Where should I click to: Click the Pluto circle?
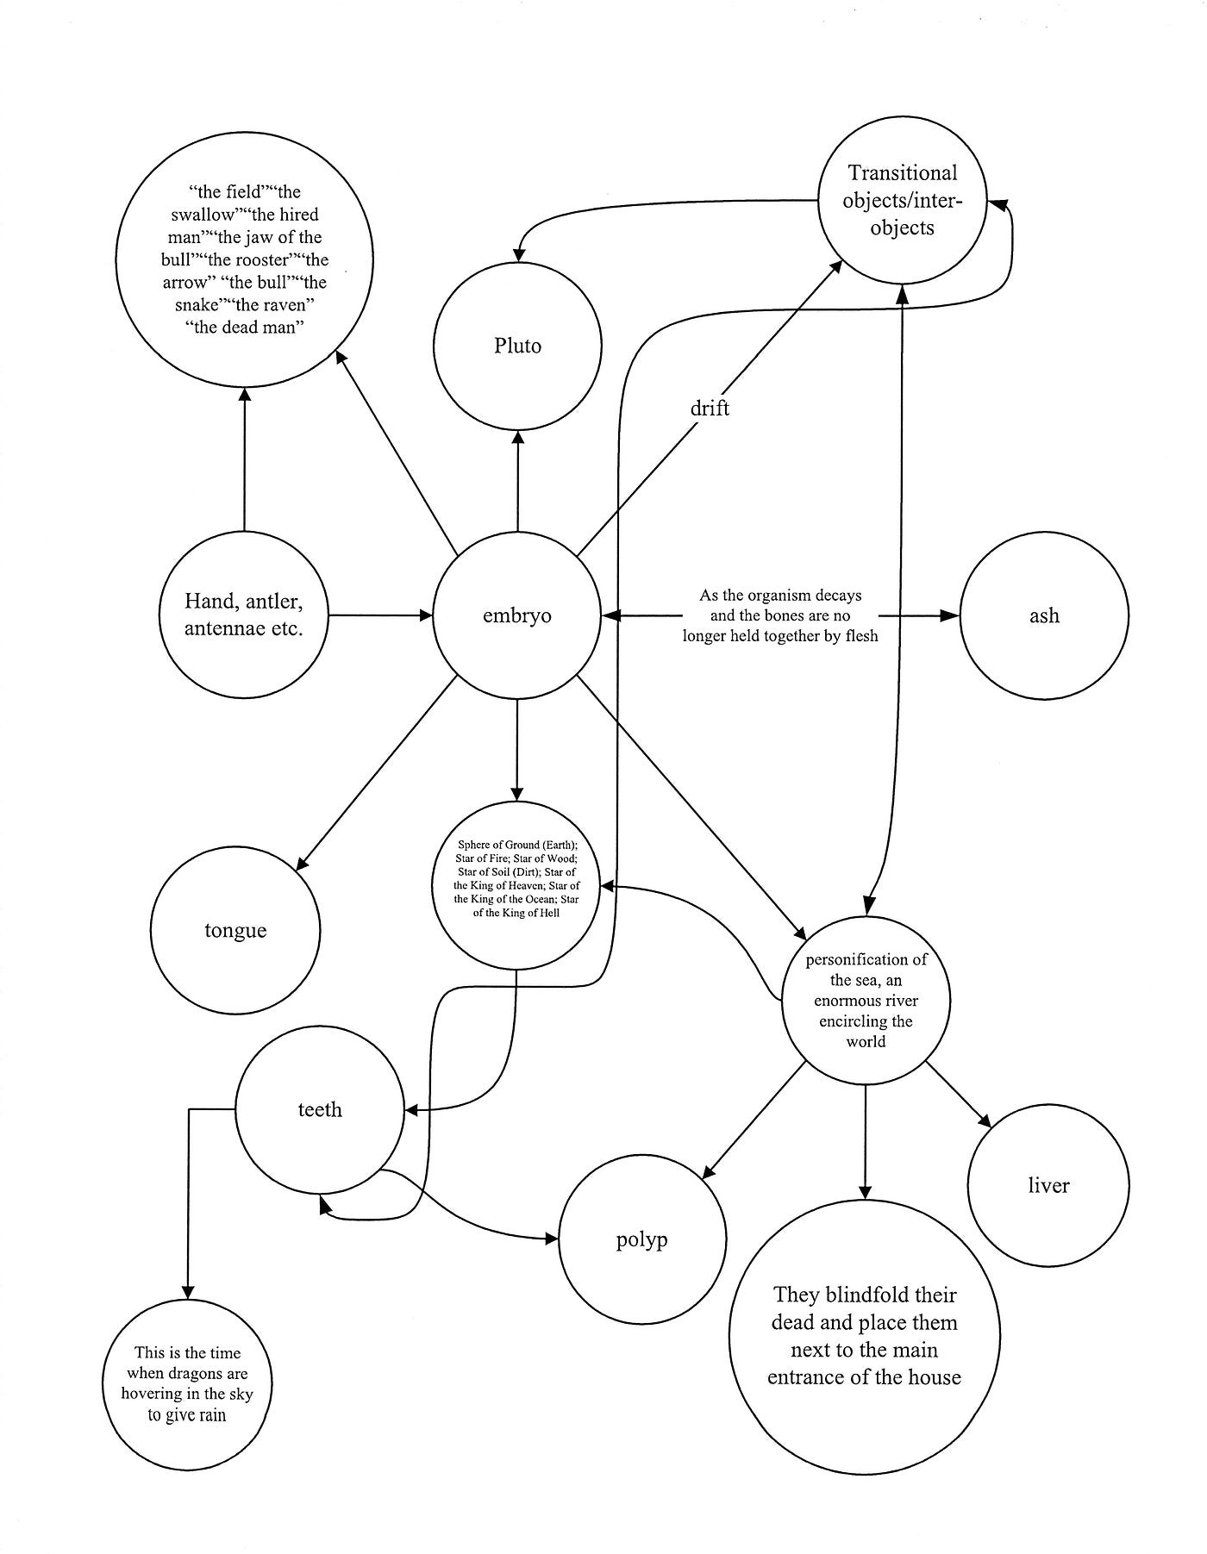(517, 346)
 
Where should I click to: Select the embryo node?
(517, 615)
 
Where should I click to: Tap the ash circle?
(1043, 615)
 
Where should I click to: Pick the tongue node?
(235, 930)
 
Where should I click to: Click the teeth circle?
(320, 1109)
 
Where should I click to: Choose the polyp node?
(642, 1240)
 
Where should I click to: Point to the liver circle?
(1048, 1185)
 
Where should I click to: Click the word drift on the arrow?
(710, 408)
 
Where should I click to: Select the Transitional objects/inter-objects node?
(902, 200)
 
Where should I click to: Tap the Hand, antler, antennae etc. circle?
(244, 615)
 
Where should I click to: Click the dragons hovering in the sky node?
(187, 1384)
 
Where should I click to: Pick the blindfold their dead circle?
(864, 1336)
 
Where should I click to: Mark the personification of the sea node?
(866, 1000)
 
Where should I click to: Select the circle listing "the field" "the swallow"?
(244, 259)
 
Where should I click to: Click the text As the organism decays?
(780, 615)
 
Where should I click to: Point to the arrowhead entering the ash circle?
(951, 615)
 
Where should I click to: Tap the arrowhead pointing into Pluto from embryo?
(517, 438)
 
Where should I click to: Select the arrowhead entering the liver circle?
(985, 1120)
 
